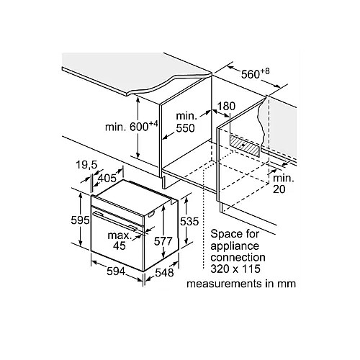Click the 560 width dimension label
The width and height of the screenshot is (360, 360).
point(255,73)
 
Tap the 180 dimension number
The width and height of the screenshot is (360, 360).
point(226,106)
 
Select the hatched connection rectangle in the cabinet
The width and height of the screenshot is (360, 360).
point(245,145)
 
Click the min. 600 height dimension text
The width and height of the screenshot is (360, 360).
point(132,126)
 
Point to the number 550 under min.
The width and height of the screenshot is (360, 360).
point(185,128)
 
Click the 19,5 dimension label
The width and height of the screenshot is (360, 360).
point(86,165)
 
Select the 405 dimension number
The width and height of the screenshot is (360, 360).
point(107,178)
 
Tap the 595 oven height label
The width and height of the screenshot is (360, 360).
point(80,220)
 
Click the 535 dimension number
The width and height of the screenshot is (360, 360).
point(189,221)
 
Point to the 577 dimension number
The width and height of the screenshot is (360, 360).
point(163,241)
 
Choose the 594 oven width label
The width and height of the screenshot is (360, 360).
point(116,271)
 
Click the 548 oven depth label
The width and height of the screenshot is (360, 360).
point(164,273)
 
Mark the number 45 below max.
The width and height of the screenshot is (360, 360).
point(120,246)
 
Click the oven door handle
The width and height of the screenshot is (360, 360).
point(115,220)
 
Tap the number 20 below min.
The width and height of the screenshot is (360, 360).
point(279,189)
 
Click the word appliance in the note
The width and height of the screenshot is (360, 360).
point(235,246)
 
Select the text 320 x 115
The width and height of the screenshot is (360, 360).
point(235,269)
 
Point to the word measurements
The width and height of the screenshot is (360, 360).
point(224,284)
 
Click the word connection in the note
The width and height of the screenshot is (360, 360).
point(238,257)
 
